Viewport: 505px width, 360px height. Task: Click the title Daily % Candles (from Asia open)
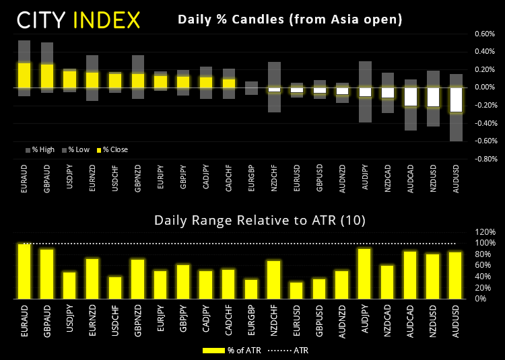click(x=290, y=20)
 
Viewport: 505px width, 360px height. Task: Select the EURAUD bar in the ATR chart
click(x=25, y=271)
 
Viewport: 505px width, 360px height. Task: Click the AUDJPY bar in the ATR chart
click(x=364, y=273)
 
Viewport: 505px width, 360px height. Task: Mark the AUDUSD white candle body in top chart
click(x=456, y=100)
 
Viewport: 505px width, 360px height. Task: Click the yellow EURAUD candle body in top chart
click(x=25, y=75)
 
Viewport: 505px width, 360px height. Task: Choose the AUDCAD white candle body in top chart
click(x=410, y=97)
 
